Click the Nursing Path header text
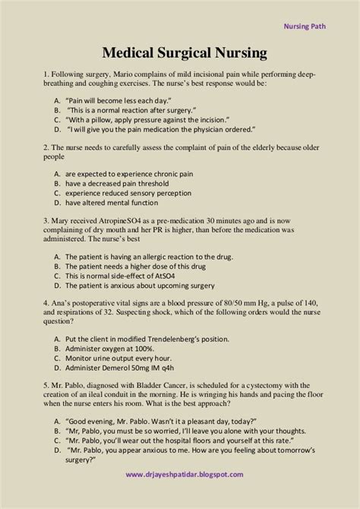[x=319, y=24]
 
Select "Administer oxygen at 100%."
[x=115, y=350]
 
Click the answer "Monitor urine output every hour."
[x=125, y=360]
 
